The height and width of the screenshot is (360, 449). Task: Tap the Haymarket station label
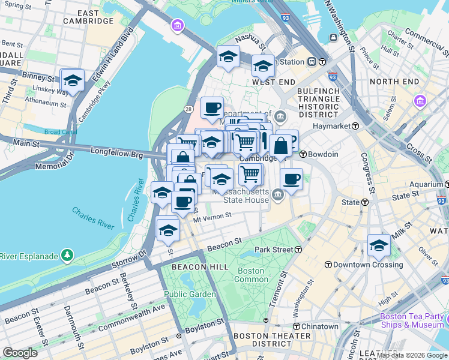[335, 126]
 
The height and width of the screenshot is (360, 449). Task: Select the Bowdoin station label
[323, 154]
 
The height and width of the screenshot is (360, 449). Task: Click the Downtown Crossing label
[364, 265]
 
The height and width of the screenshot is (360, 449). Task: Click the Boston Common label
[251, 275]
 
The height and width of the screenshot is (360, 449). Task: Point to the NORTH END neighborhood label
[394, 81]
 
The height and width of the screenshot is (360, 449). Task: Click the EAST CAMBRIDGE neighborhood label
[88, 17]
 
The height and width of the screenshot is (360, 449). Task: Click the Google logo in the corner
[20, 353]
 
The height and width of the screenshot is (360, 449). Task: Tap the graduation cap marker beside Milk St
[379, 245]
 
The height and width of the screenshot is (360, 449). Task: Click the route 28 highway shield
[188, 109]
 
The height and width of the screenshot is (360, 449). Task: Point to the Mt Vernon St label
[212, 220]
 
